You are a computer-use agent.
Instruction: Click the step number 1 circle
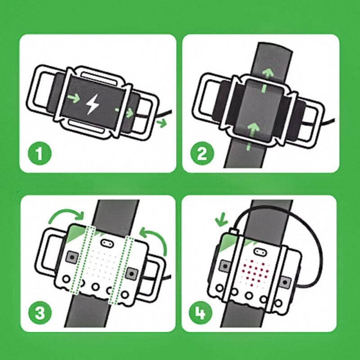pyautogui.click(x=40, y=154)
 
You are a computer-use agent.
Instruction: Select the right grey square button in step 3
pyautogui.click(x=132, y=273)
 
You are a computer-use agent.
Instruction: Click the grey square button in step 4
pyautogui.click(x=285, y=282)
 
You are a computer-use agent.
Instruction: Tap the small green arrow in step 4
pyautogui.click(x=220, y=220)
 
